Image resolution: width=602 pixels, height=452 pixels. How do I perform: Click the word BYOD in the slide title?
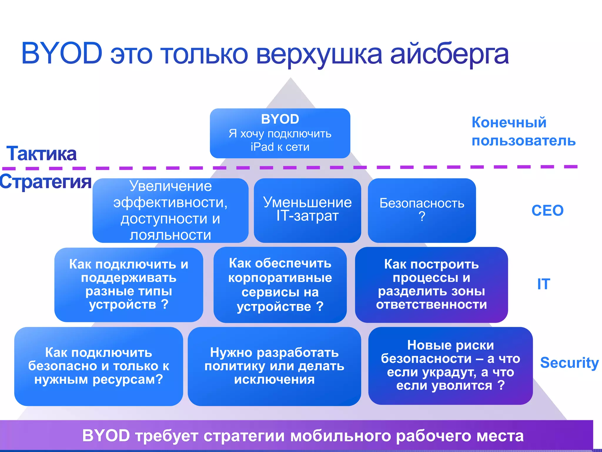pyautogui.click(x=62, y=54)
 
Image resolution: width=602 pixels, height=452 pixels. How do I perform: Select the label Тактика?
pyautogui.click(x=41, y=154)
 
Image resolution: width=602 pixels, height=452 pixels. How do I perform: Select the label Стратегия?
pyautogui.click(x=46, y=182)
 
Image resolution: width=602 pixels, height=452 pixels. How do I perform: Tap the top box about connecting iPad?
pyautogui.click(x=280, y=133)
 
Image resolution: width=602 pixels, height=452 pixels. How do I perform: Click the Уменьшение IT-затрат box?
pyautogui.click(x=307, y=210)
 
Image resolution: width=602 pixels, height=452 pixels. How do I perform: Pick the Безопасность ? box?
pyautogui.click(x=422, y=210)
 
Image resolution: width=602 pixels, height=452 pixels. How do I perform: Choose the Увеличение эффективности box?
pyautogui.click(x=170, y=210)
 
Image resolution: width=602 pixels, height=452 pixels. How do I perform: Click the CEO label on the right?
pyautogui.click(x=547, y=211)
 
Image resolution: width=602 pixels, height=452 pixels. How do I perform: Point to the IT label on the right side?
pyautogui.click(x=544, y=284)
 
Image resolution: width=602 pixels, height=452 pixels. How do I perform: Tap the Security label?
pyautogui.click(x=569, y=363)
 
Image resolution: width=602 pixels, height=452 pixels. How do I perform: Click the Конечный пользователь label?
pyautogui.click(x=523, y=132)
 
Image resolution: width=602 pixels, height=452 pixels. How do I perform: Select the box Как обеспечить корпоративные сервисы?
pyautogui.click(x=280, y=285)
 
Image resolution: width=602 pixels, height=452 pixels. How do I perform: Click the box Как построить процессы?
pyautogui.click(x=431, y=285)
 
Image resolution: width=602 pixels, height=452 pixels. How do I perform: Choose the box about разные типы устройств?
pyautogui.click(x=129, y=285)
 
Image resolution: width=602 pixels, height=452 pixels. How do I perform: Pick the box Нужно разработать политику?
pyautogui.click(x=274, y=366)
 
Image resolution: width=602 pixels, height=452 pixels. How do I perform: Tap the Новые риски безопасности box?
pyautogui.click(x=450, y=365)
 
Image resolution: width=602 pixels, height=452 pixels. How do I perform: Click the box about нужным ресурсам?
pyautogui.click(x=98, y=366)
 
